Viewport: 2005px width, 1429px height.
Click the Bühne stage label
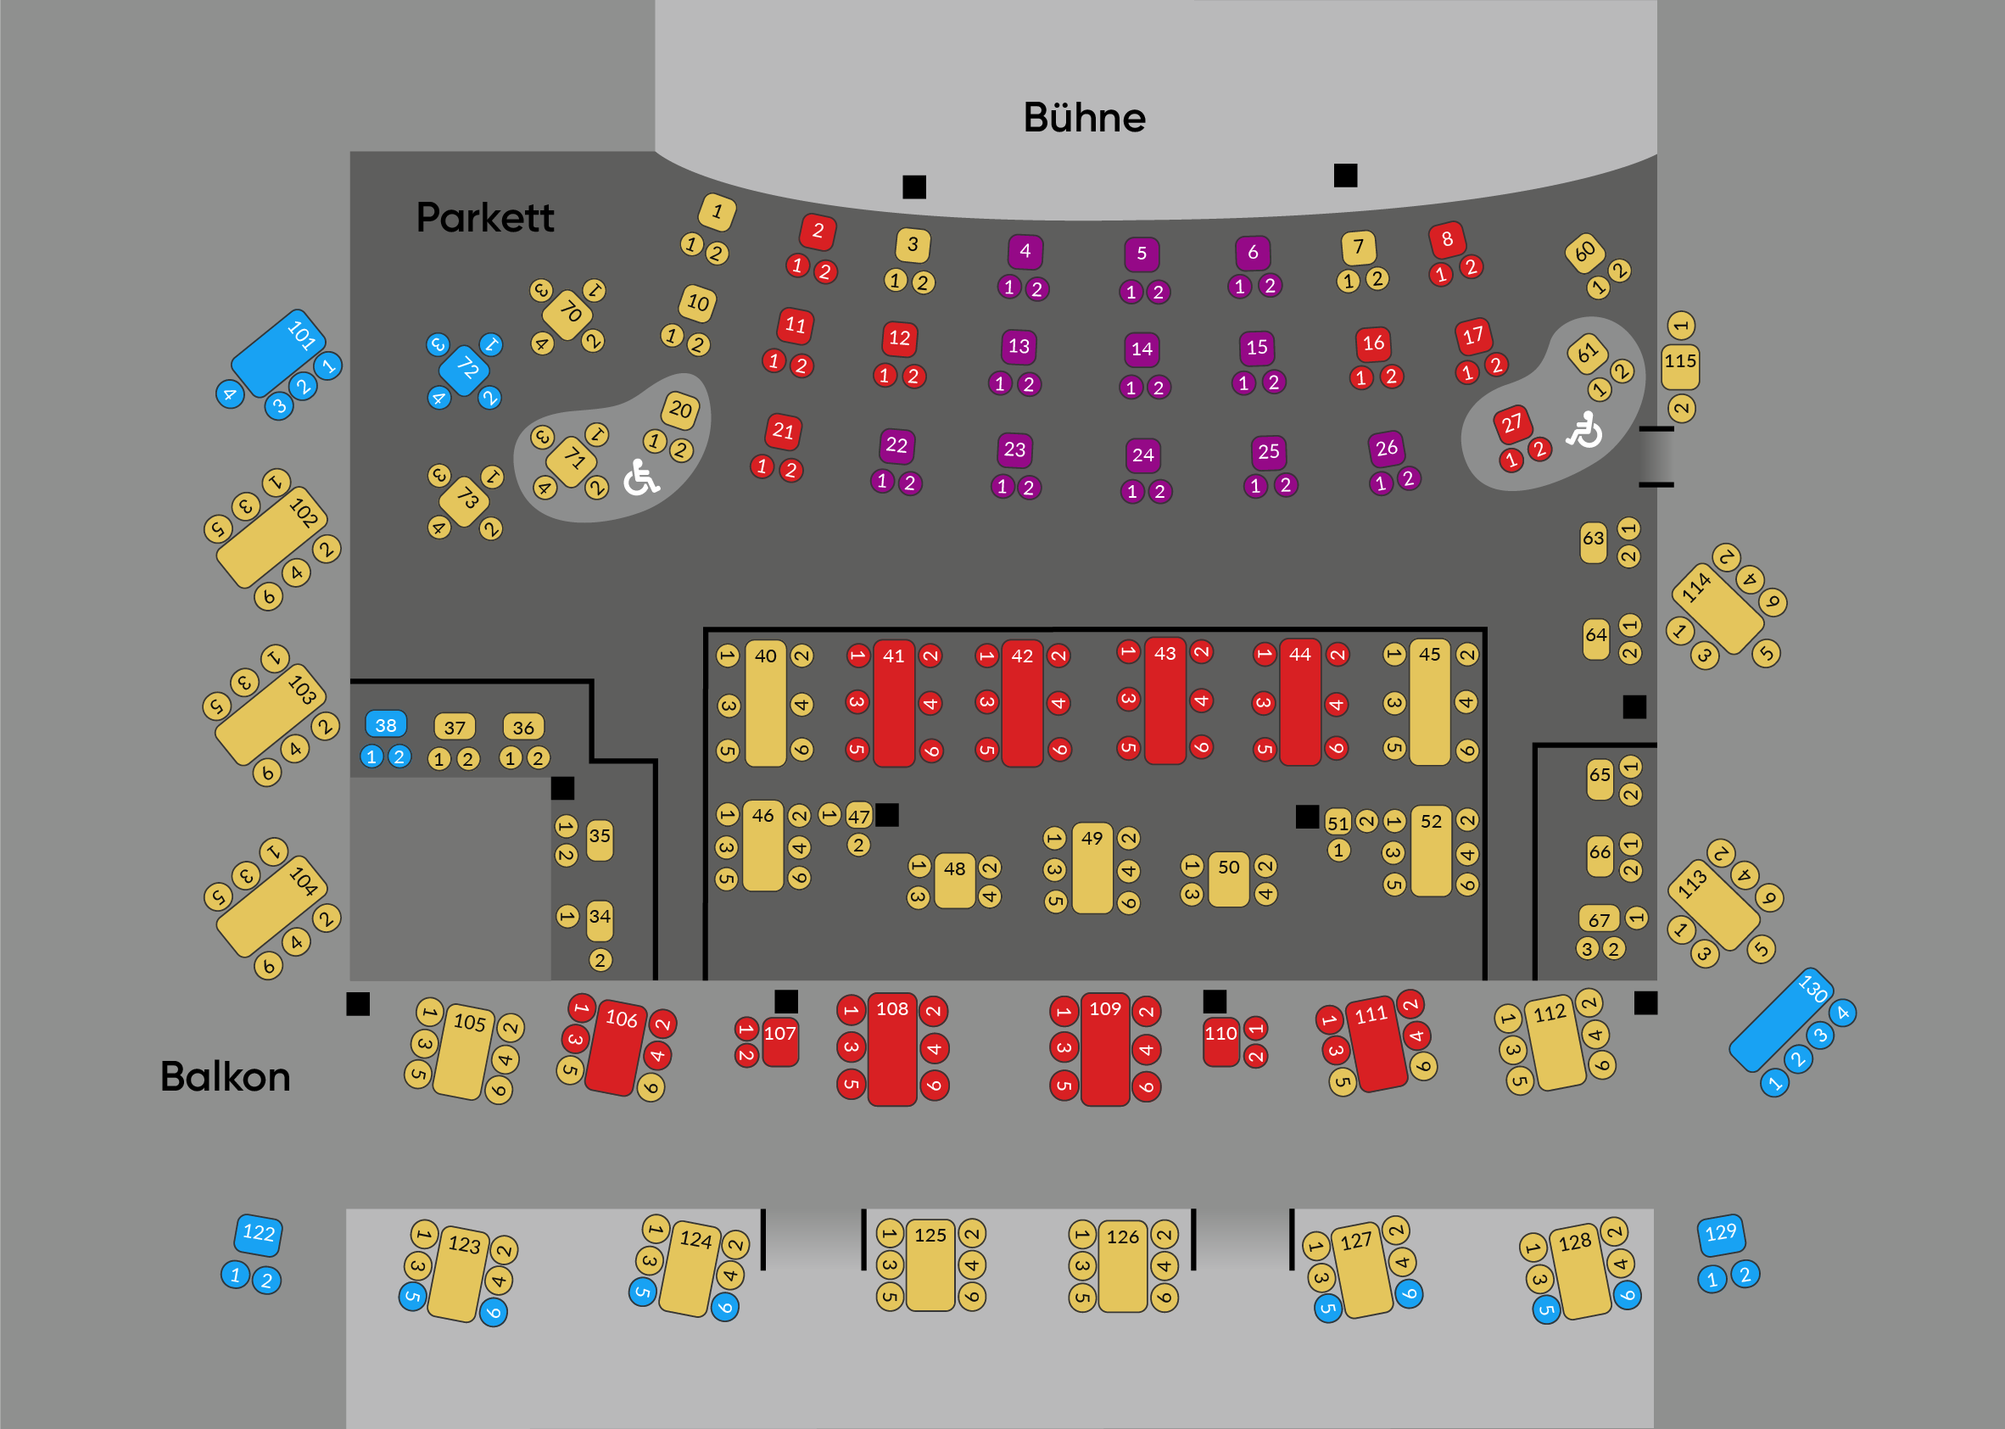point(1084,117)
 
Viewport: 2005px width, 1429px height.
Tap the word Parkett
point(485,217)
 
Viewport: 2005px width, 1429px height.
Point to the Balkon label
point(226,1076)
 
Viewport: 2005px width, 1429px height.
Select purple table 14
point(1142,349)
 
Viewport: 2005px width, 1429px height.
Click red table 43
point(1164,701)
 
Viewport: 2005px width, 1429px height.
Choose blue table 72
point(465,371)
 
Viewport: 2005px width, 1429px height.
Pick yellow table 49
point(1092,868)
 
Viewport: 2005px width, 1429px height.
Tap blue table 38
point(385,724)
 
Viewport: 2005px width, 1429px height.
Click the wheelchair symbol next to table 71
point(640,477)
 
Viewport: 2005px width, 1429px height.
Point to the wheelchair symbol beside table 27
point(1583,429)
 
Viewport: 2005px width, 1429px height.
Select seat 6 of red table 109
point(1147,1086)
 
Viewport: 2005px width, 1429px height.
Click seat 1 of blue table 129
point(1712,1279)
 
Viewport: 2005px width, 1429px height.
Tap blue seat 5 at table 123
point(411,1296)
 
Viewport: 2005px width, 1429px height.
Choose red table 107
point(780,1041)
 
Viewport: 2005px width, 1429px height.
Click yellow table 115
point(1679,366)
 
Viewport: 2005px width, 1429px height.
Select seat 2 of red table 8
point(1470,266)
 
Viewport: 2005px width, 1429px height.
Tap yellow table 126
point(1123,1265)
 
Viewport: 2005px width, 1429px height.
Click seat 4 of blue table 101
point(230,394)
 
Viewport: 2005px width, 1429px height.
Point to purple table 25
point(1268,452)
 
